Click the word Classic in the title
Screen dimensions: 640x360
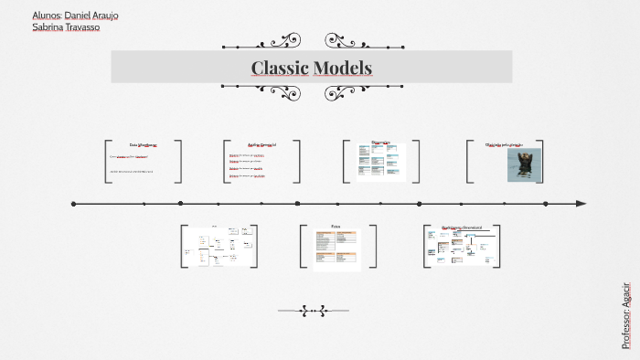click(x=279, y=68)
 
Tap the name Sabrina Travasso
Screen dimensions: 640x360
click(x=65, y=27)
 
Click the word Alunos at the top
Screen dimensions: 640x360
click(x=46, y=16)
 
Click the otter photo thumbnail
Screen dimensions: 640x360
click(x=524, y=164)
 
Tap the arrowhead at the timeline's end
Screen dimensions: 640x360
click(x=581, y=204)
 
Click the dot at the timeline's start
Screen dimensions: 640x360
click(x=74, y=204)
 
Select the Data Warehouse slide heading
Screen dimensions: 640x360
click(x=143, y=144)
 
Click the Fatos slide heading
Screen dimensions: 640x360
click(x=336, y=227)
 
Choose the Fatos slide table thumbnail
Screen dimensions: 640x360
click(x=336, y=250)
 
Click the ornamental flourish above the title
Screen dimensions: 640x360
click(x=311, y=41)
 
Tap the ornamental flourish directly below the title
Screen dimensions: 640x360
click(x=311, y=91)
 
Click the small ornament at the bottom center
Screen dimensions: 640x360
click(x=314, y=311)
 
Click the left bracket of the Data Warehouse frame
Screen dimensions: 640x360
click(x=107, y=161)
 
